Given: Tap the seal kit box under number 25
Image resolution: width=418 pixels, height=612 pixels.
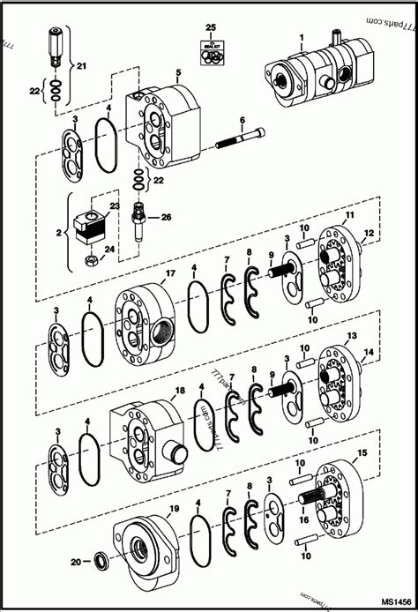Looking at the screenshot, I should (x=211, y=54).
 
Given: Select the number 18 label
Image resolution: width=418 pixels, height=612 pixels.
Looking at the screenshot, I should (x=179, y=390).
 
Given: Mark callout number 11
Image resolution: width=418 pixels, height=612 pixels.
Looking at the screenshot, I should (x=349, y=215).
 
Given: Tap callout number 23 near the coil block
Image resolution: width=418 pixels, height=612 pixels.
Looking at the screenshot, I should (x=113, y=207).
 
